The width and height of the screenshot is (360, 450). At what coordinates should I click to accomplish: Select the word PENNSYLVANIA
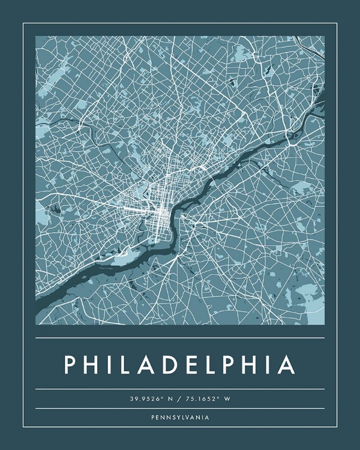(x=180, y=417)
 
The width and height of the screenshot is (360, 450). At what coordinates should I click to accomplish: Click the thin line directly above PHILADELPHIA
(x=180, y=338)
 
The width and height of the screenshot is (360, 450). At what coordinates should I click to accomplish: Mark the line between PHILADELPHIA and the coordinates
(x=180, y=389)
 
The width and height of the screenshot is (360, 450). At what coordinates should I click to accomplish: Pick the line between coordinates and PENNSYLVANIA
(x=180, y=409)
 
